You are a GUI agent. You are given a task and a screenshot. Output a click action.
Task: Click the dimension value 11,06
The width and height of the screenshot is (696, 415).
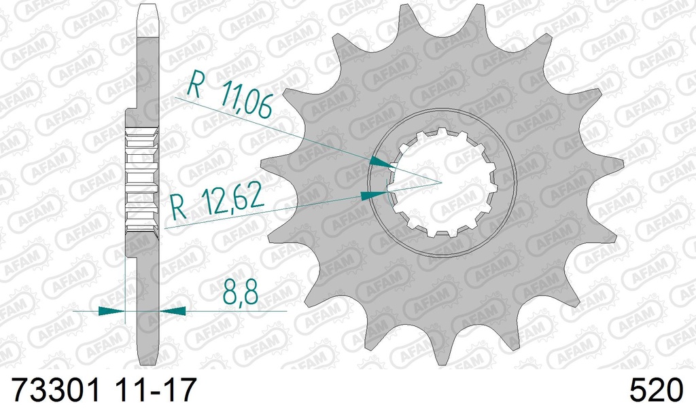246,101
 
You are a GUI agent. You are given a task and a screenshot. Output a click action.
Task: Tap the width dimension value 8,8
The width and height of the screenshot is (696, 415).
240,291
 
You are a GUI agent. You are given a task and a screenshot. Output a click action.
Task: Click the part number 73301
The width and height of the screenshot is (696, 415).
56,390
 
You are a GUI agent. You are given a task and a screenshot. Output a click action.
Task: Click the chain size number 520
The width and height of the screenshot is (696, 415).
656,390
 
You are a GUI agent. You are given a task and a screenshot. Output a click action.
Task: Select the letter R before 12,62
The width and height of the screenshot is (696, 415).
179,207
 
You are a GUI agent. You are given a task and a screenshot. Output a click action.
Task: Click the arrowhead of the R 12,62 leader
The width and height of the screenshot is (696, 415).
374,195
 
